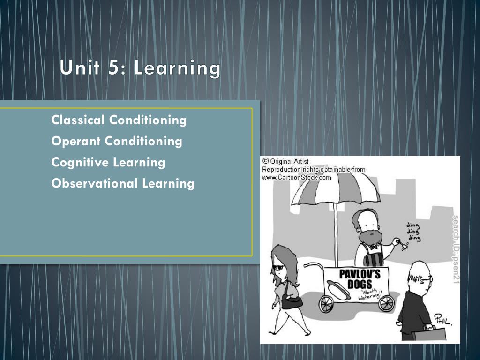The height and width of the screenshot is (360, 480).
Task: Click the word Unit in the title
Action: click(x=80, y=67)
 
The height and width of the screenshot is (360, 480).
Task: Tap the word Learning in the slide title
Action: click(x=177, y=68)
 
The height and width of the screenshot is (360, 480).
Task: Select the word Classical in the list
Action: click(x=78, y=120)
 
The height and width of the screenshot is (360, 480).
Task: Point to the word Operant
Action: click(x=76, y=142)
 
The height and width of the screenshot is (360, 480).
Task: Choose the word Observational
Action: click(x=94, y=183)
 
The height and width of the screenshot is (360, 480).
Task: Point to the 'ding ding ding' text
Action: click(x=413, y=232)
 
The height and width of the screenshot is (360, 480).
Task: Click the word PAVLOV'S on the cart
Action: click(x=360, y=274)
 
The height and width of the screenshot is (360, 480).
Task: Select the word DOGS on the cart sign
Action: click(x=360, y=284)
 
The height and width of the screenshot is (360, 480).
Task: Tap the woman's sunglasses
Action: click(x=278, y=268)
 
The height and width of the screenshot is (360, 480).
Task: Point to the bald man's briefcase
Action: click(x=428, y=334)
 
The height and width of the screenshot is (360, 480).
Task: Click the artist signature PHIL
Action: click(x=442, y=320)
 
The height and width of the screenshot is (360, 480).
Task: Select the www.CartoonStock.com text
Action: click(x=296, y=178)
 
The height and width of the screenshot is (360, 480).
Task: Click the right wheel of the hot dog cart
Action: click(x=386, y=303)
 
